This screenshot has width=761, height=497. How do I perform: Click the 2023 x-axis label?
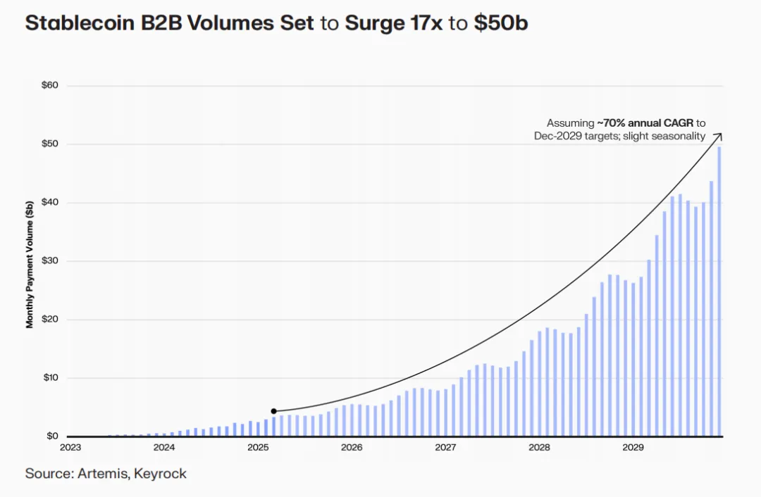click(70, 448)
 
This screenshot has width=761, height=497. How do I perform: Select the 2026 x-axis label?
click(351, 448)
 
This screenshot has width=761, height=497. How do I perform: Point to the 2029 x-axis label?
click(632, 448)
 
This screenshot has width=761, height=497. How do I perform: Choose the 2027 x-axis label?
click(445, 448)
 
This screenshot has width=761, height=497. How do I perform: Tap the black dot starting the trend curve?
click(273, 411)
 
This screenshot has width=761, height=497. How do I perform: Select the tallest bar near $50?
click(719, 291)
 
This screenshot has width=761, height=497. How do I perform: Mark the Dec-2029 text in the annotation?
click(560, 136)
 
